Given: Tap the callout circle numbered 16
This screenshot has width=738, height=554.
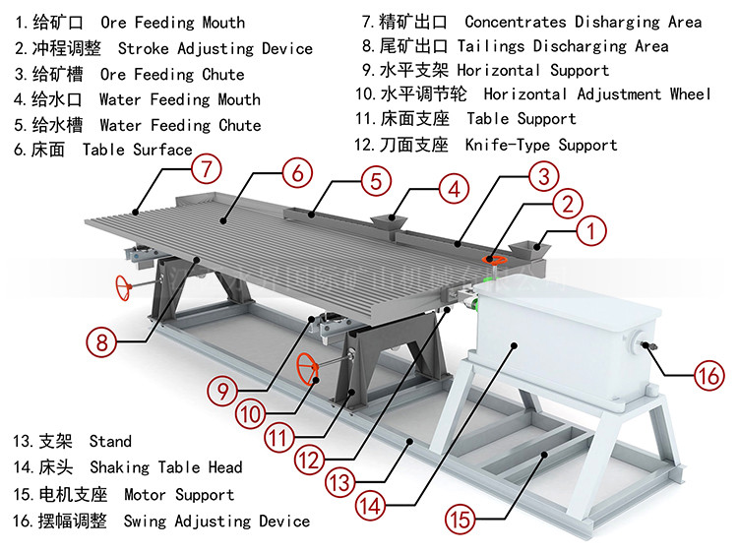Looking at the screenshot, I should (x=708, y=375).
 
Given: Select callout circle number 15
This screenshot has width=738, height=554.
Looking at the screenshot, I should (x=460, y=516).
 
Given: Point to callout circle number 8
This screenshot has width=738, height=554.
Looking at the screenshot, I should (x=100, y=343).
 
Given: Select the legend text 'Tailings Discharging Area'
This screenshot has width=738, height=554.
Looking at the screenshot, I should (x=563, y=46).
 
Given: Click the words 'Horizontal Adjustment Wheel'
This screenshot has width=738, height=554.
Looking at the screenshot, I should (x=596, y=94).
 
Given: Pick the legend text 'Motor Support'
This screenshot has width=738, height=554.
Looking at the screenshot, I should (x=179, y=495).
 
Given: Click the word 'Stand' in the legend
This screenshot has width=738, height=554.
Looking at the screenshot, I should (x=110, y=442).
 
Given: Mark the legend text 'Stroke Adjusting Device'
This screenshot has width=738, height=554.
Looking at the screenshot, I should (x=215, y=48).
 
